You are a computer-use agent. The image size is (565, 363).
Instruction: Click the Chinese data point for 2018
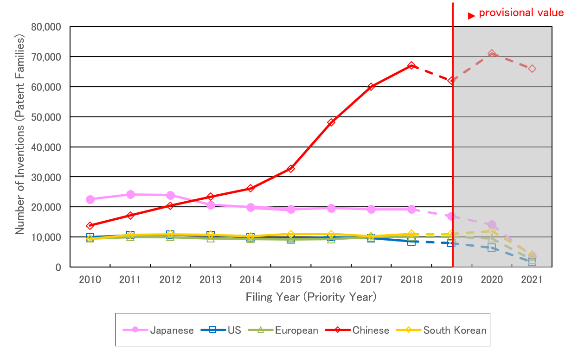(411, 66)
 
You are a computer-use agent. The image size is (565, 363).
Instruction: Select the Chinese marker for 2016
(331, 122)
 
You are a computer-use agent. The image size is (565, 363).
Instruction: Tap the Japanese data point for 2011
(130, 194)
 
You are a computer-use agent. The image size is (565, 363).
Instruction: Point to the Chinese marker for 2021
(532, 69)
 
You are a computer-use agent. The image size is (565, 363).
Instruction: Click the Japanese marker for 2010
(90, 199)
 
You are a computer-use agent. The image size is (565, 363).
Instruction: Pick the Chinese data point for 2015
(291, 169)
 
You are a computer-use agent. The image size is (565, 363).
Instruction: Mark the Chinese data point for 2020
(492, 54)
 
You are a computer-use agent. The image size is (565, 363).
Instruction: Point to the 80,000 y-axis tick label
(46, 27)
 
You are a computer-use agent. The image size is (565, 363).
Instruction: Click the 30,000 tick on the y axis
(46, 177)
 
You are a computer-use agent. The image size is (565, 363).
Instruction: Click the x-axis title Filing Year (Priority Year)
(311, 297)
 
